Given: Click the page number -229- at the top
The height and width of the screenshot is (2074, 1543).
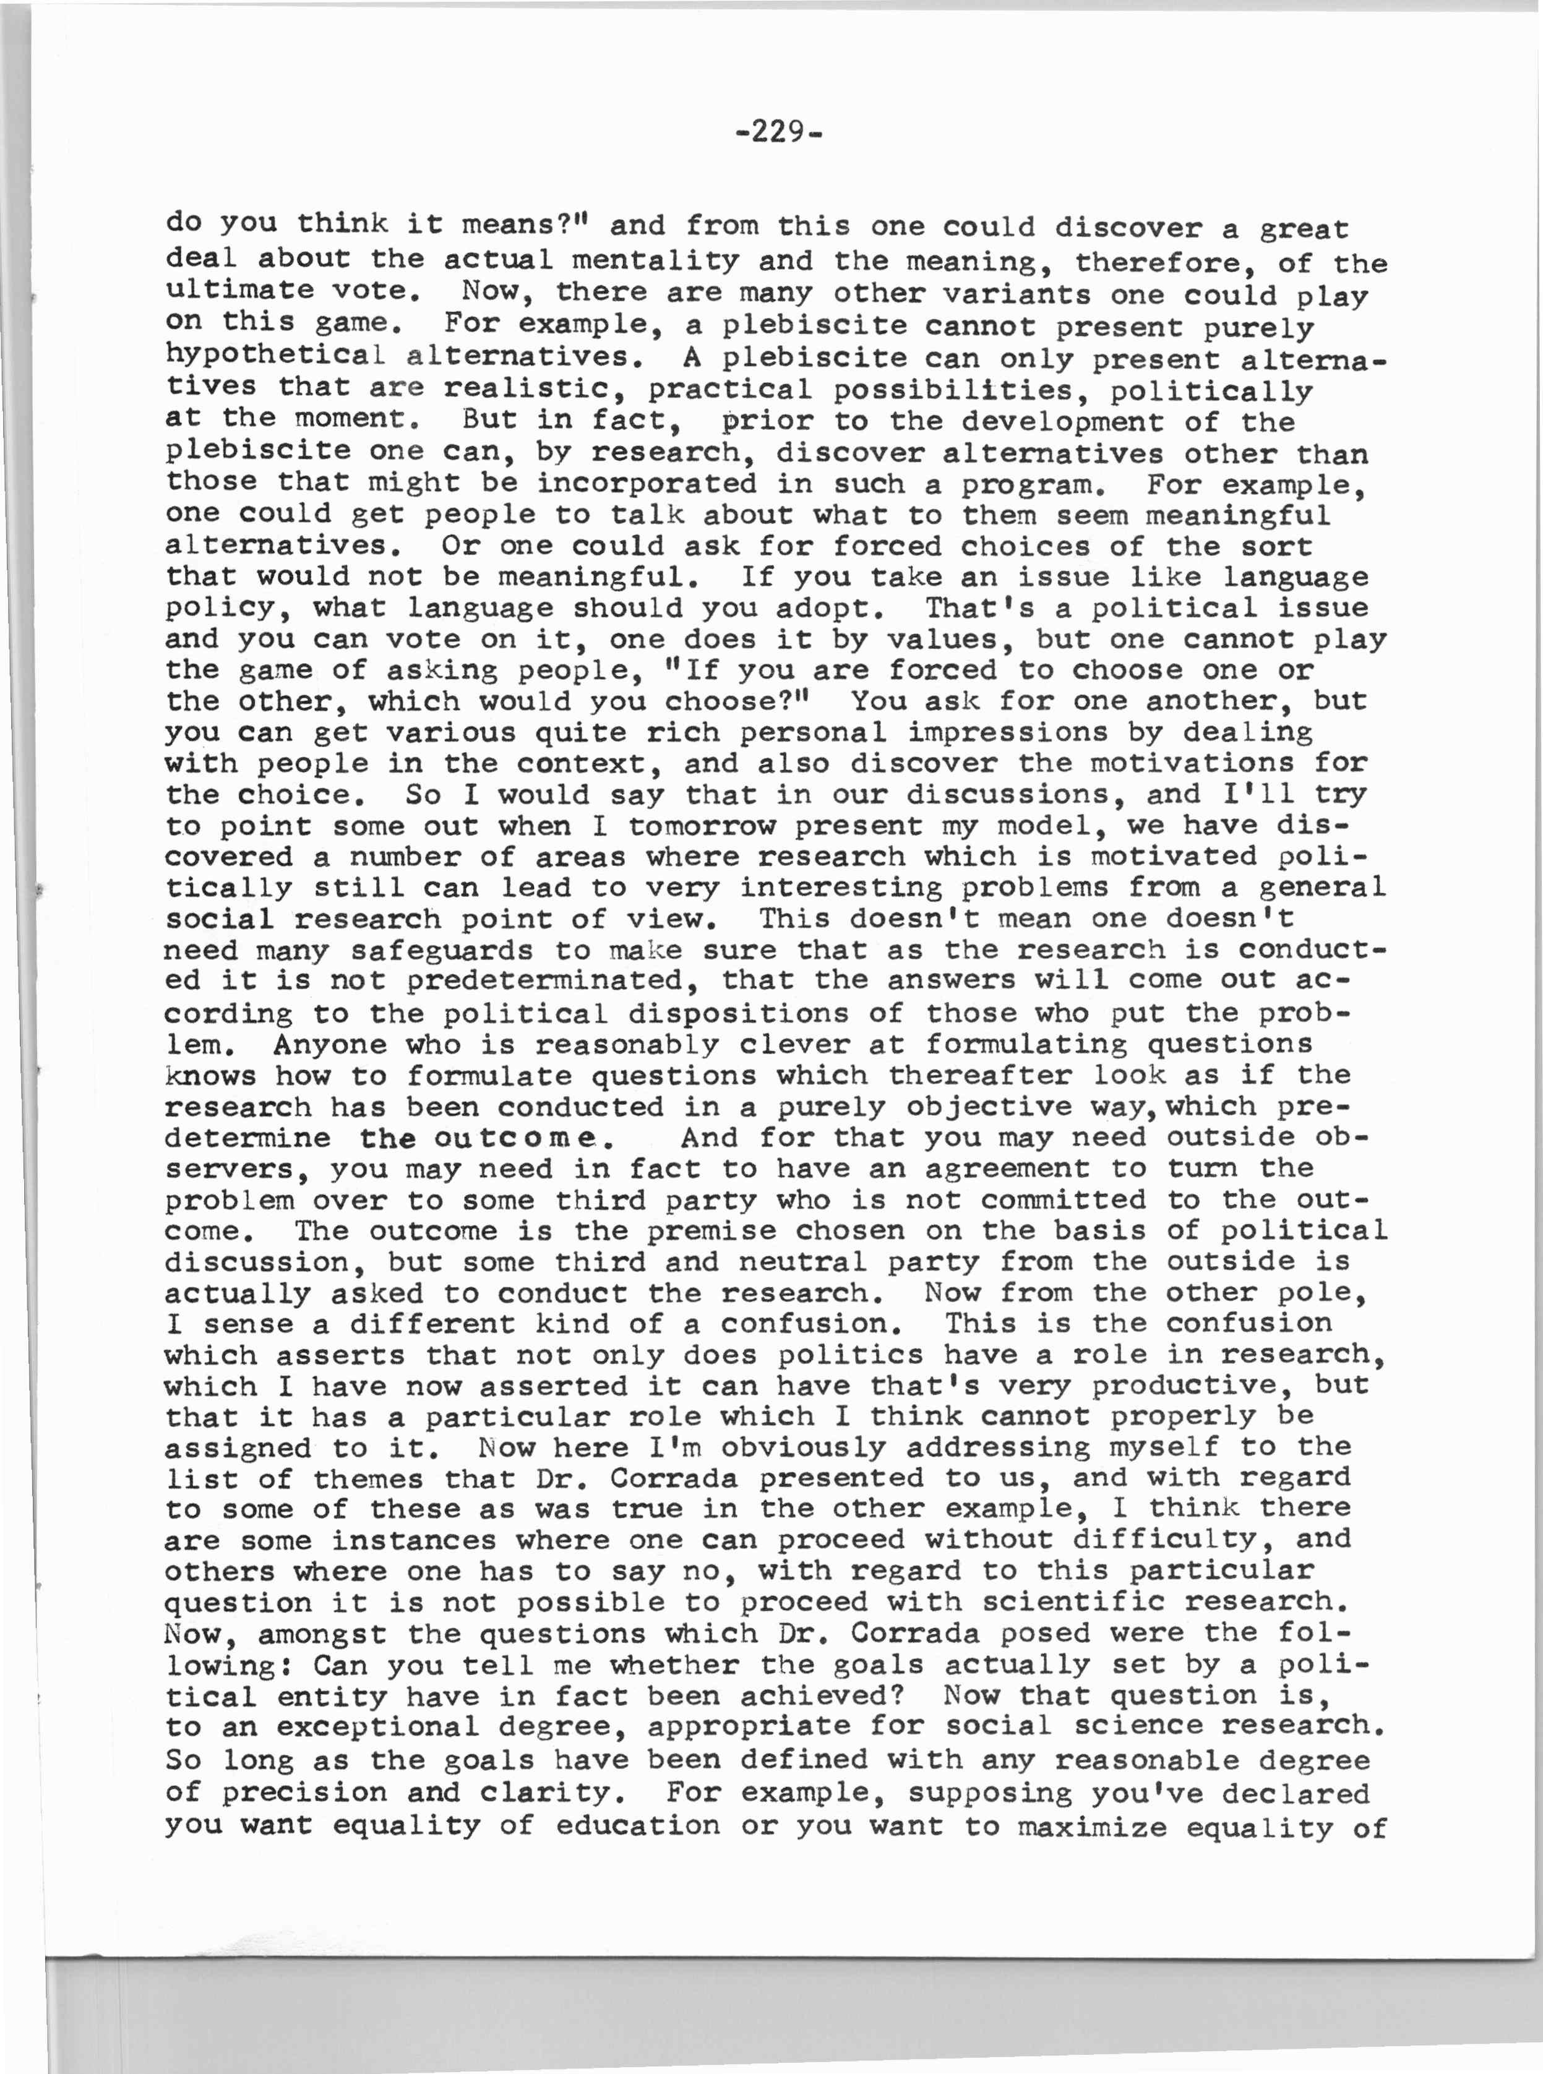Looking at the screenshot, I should [778, 132].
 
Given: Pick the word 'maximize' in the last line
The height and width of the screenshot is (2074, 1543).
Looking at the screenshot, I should [1092, 1825].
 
